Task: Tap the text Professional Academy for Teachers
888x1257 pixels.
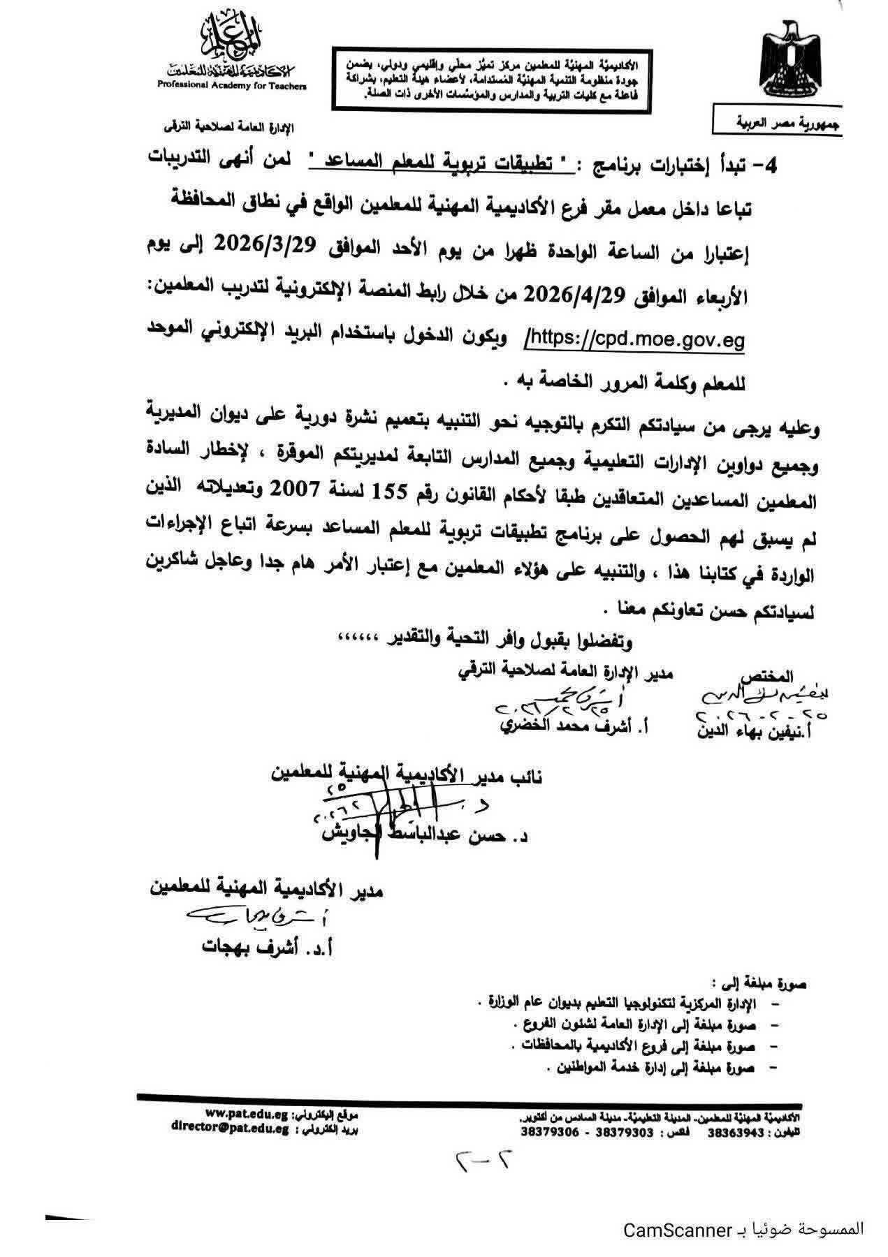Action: pyautogui.click(x=231, y=84)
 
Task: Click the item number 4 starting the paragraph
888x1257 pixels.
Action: pyautogui.click(x=806, y=166)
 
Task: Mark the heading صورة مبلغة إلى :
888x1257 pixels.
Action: pyautogui.click(x=767, y=985)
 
